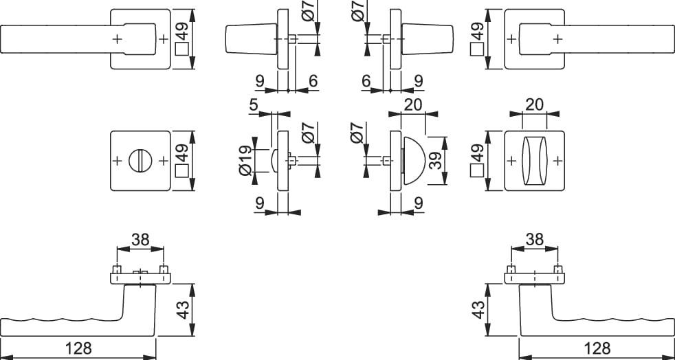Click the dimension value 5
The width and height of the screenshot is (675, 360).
click(254, 106)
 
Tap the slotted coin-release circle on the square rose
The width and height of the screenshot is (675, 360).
click(140, 161)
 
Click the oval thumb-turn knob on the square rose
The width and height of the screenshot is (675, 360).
click(534, 161)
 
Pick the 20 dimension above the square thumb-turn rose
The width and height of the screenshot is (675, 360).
click(535, 104)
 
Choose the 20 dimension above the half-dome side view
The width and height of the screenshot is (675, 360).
click(412, 104)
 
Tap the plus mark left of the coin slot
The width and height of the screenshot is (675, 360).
click(116, 161)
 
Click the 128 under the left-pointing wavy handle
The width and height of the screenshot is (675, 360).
click(79, 348)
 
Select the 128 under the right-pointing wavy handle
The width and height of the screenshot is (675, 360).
click(596, 348)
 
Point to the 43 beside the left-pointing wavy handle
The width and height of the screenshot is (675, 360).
click(181, 308)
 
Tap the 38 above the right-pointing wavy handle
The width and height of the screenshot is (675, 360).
click(534, 240)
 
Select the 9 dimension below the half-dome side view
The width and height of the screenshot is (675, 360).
click(418, 204)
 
